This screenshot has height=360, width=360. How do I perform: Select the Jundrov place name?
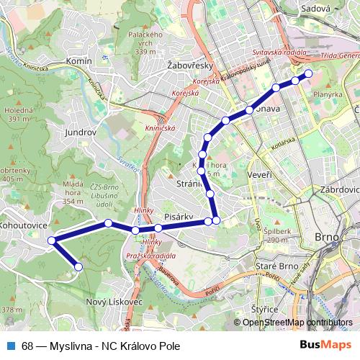(81, 132)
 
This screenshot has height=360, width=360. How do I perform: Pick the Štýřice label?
(266, 309)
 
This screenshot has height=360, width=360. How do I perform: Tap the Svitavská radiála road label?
(280, 53)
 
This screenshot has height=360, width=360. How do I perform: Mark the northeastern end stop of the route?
(309, 73)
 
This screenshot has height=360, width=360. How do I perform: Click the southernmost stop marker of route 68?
(78, 267)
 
